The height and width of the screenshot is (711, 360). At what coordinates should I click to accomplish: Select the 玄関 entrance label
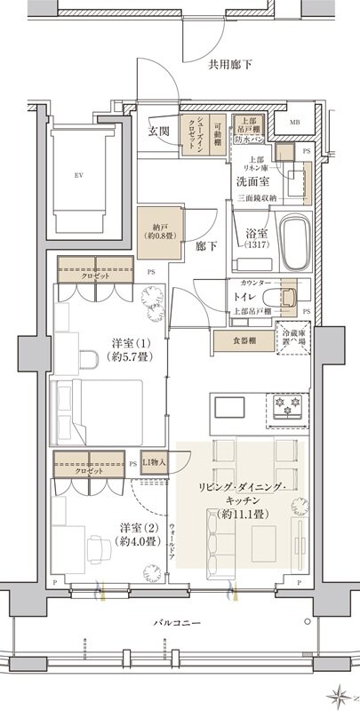160,130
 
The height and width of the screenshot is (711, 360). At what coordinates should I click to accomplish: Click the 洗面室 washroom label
254,181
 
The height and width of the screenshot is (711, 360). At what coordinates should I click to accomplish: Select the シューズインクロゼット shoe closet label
198,137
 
